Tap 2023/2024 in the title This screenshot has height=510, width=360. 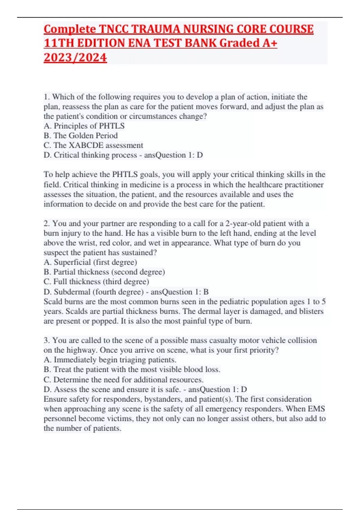click(x=75, y=57)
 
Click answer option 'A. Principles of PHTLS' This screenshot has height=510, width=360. click(x=84, y=126)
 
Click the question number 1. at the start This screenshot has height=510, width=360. click(x=47, y=97)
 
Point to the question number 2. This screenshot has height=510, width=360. click(x=47, y=223)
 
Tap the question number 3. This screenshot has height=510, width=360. click(x=47, y=340)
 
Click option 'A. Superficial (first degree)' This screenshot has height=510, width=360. click(x=90, y=262)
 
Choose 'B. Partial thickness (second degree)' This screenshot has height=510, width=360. click(x=104, y=272)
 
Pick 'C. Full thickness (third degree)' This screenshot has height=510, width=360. click(x=96, y=282)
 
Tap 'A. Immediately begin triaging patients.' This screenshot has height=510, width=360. click(x=110, y=360)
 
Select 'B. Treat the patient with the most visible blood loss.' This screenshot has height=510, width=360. click(x=132, y=369)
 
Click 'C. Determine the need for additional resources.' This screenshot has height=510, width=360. click(x=124, y=379)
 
